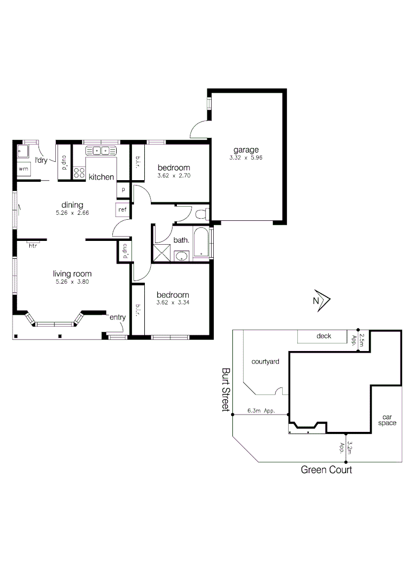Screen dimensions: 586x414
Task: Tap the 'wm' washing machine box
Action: pos(23,169)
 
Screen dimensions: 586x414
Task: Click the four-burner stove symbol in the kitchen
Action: pos(79,173)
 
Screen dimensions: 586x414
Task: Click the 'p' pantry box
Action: pos(123,190)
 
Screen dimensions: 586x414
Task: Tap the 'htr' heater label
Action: pos(33,245)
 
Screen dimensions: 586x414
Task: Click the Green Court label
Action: pos(326,470)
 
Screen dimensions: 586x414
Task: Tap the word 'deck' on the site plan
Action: pos(324,336)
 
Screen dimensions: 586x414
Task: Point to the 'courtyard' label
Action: pos(266,361)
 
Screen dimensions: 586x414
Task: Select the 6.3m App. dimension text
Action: pos(261,411)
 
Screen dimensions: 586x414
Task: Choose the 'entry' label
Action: pos(118,317)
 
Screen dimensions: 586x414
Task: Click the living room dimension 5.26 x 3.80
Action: pos(72,282)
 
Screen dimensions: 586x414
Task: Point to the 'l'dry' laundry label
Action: pos(41,160)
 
